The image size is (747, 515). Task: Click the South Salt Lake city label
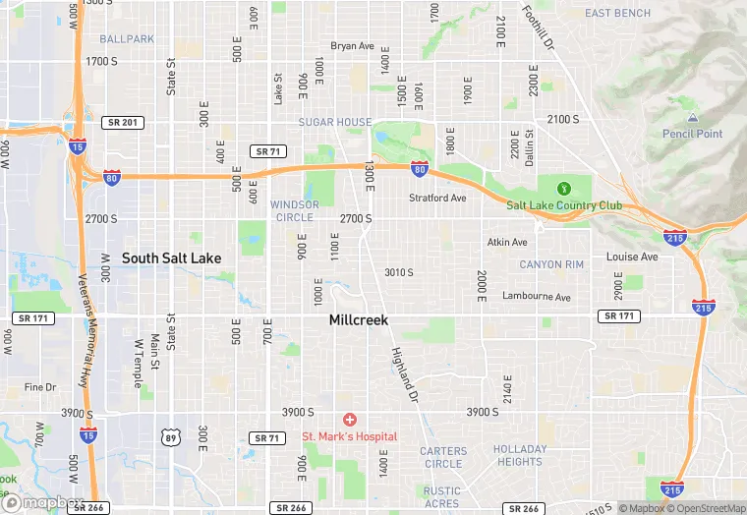(x=171, y=257)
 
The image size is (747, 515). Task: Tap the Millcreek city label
(x=359, y=320)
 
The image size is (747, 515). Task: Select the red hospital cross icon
(x=349, y=420)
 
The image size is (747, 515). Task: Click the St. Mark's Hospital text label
(x=349, y=436)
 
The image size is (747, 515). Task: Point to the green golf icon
(x=564, y=189)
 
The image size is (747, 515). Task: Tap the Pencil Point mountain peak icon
(x=692, y=118)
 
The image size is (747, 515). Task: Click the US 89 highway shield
(x=173, y=437)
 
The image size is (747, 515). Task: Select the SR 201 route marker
(x=123, y=122)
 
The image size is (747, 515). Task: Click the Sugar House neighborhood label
(x=335, y=123)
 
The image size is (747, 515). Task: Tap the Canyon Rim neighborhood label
(x=552, y=264)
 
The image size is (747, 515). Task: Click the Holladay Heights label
(x=520, y=455)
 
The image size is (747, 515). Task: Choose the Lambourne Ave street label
(x=536, y=296)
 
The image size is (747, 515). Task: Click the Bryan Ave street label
(x=353, y=46)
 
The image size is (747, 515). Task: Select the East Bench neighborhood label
(x=617, y=13)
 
